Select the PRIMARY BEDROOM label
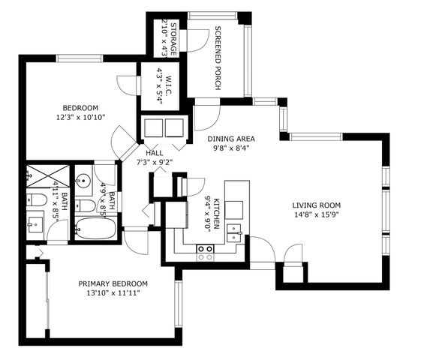pyautogui.click(x=113, y=283)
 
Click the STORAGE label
pyautogui.click(x=173, y=37)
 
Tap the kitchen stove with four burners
pyautogui.click(x=205, y=252)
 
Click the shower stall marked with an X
pyautogui.click(x=47, y=175)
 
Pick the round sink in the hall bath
pyautogui.click(x=84, y=180)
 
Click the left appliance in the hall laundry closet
pyautogui.click(x=155, y=126)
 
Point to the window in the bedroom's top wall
pyautogui.click(x=81, y=58)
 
